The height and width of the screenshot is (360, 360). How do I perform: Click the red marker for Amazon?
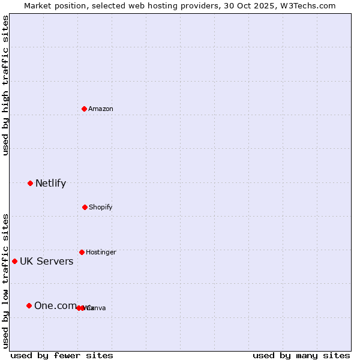pos(85,109)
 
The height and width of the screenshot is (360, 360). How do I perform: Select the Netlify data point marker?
pos(30,183)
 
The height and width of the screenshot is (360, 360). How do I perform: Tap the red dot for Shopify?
pos(85,207)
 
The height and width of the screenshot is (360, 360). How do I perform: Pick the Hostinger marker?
pos(82,252)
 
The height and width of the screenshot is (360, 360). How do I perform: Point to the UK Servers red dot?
pos(14,261)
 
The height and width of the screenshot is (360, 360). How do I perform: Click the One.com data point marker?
pos(29,305)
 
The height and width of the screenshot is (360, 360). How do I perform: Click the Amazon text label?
pos(100,109)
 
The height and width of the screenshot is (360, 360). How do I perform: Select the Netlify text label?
pos(50,183)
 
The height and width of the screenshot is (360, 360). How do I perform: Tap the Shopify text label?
pos(100,207)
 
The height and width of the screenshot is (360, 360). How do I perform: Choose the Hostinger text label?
pos(101,252)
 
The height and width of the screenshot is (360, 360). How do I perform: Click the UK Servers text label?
pos(46,261)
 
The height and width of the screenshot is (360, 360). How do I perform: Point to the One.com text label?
pos(55,305)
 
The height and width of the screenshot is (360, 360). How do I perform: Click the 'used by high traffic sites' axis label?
pos(5,85)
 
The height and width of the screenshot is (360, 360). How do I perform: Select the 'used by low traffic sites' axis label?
pos(5,280)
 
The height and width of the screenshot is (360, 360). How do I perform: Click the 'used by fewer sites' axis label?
pos(62,355)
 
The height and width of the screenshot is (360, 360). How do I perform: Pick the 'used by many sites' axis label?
pos(301,355)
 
